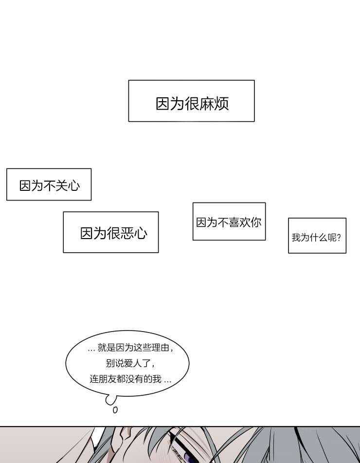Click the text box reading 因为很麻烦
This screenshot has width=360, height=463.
pyautogui.click(x=192, y=101)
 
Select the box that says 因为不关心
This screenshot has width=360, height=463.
pyautogui.click(x=49, y=185)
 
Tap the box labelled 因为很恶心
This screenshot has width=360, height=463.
pyautogui.click(x=110, y=232)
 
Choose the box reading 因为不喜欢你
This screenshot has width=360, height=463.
pyautogui.click(x=229, y=222)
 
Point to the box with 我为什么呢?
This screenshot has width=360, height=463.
pyautogui.click(x=317, y=236)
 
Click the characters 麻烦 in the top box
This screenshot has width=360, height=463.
pyautogui.click(x=214, y=104)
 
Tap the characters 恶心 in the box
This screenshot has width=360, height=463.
pyautogui.click(x=134, y=233)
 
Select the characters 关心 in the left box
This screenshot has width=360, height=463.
pyautogui.click(x=68, y=185)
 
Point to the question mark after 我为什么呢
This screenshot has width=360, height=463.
pyautogui.click(x=339, y=238)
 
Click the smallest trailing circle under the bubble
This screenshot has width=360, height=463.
pyautogui.click(x=115, y=410)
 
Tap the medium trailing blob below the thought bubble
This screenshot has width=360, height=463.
pyautogui.click(x=110, y=400)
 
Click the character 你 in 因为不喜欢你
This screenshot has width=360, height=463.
pyautogui.click(x=256, y=222)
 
